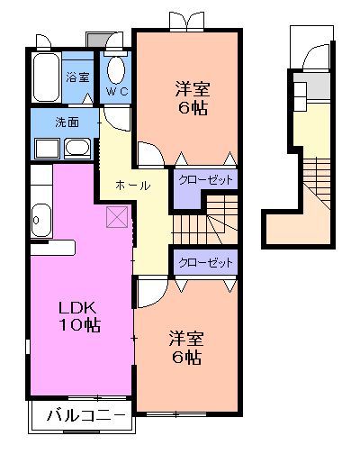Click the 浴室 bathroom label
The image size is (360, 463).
[x=77, y=77]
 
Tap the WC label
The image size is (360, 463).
[x=117, y=92]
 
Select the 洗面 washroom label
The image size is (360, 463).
[x=67, y=122]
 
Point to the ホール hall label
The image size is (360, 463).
[x=132, y=185]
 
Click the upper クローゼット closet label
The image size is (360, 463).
[x=205, y=180]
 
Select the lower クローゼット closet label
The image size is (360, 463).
[x=205, y=263]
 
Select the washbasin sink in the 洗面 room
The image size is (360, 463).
[x=75, y=148]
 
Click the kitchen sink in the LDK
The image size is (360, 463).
[x=40, y=216]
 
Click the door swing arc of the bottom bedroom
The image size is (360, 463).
[x=149, y=292]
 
